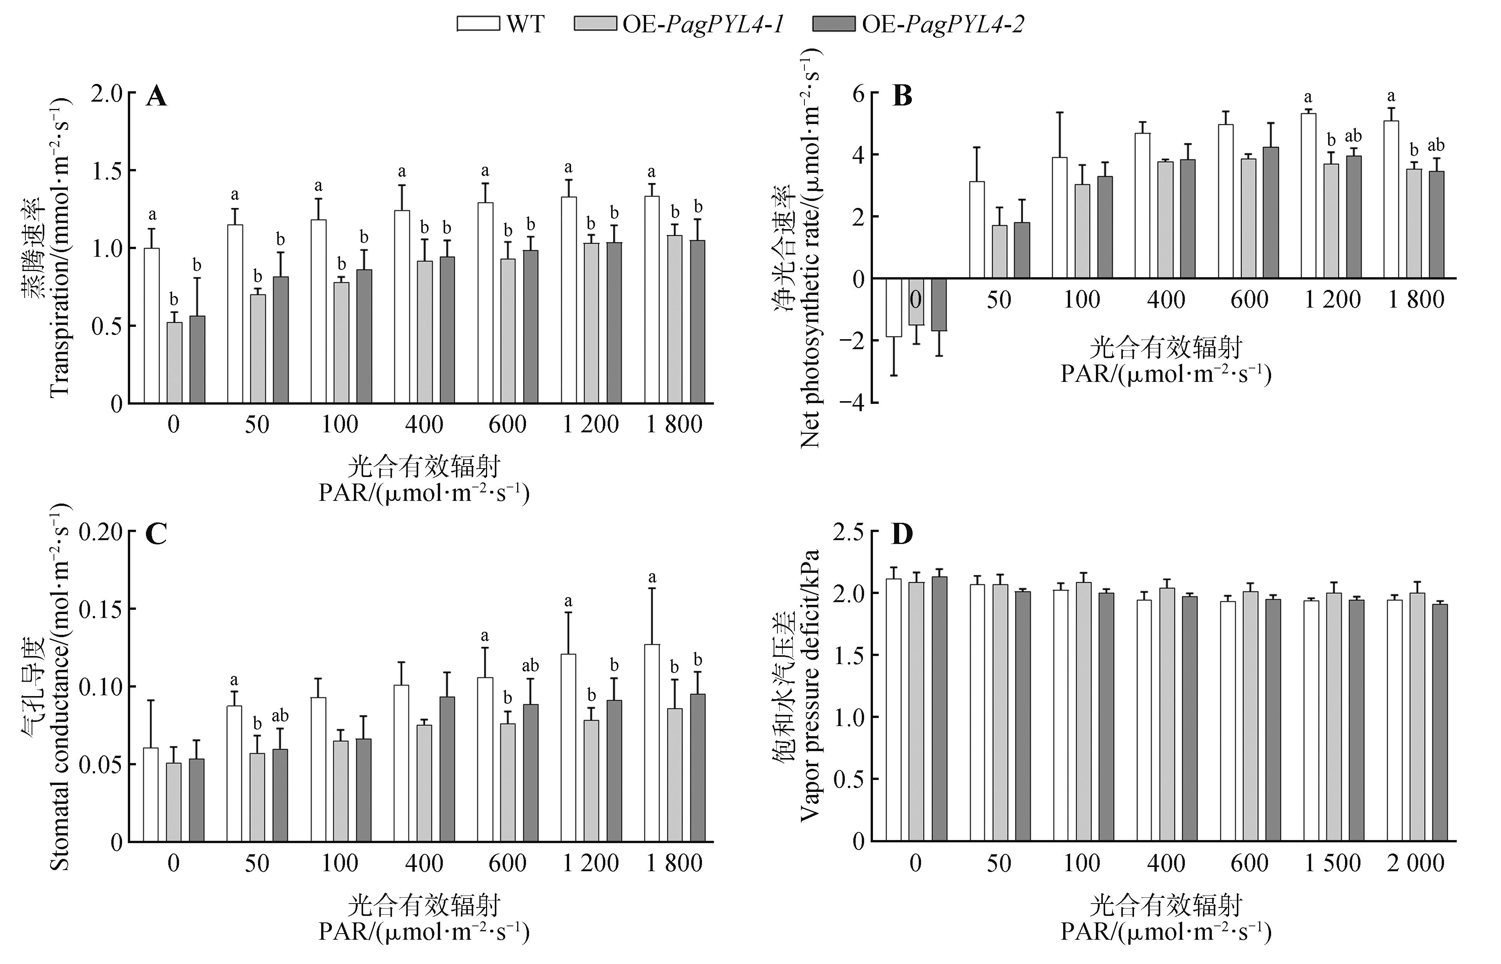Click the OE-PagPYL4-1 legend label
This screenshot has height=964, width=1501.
coord(702,24)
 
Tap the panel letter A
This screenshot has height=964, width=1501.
coord(156,97)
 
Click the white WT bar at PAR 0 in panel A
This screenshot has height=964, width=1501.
coord(151,326)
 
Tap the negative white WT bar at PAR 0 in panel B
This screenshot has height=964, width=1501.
coord(894,307)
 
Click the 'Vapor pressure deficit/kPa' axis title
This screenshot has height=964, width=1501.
coord(810,685)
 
